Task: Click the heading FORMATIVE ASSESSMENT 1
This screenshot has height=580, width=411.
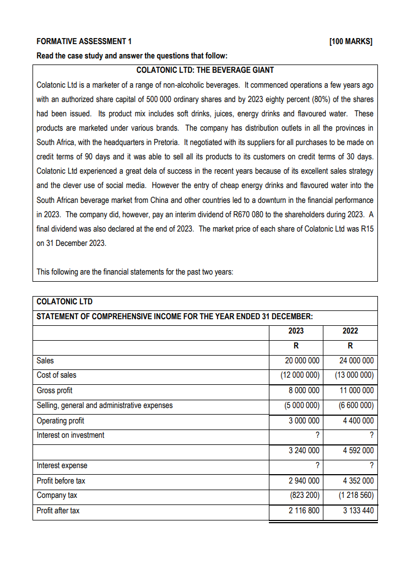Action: pos(84,41)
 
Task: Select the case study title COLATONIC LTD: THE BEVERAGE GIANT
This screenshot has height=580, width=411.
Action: pos(205,70)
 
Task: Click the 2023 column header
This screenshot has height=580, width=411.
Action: pos(296,331)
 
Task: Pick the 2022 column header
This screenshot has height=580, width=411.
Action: pos(350,331)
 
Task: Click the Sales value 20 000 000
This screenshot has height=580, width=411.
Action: pos(301,361)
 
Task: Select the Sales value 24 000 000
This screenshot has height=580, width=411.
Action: pos(355,361)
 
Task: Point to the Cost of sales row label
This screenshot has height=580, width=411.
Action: pos(56,375)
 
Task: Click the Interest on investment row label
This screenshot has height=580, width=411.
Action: pos(70,435)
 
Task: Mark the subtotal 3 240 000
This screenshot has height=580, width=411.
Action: pos(303,450)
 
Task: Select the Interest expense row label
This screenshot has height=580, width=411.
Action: pos(62,465)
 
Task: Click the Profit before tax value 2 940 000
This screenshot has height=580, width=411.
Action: pos(303,481)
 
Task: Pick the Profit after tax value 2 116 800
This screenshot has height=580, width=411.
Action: pos(303,511)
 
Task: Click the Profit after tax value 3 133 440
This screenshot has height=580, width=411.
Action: pos(358,511)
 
